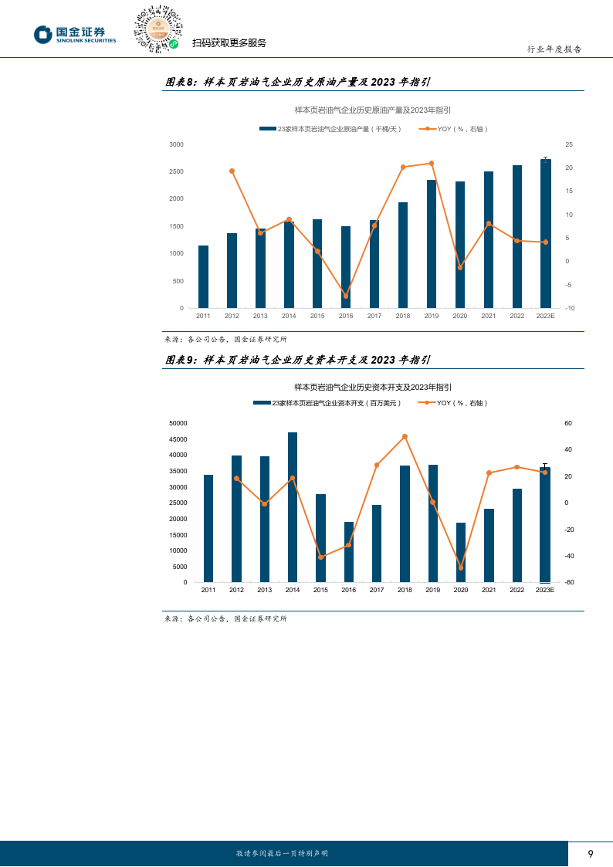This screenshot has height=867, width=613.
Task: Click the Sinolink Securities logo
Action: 75,34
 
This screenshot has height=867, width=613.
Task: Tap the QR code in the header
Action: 158,29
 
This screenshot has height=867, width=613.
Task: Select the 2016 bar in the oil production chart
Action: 346,267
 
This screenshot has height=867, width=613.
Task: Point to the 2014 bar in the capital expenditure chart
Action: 293,507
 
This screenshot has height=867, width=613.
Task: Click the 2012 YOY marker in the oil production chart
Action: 232,171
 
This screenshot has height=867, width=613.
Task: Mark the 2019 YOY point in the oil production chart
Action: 432,163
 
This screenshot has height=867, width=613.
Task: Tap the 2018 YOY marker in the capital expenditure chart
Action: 405,436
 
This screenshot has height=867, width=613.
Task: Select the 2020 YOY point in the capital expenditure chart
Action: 461,567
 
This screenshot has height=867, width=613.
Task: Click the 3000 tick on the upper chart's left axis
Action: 176,144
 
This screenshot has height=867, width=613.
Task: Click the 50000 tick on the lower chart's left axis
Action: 178,423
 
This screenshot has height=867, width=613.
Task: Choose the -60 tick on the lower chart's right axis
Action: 569,582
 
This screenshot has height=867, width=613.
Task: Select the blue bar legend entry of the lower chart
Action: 329,403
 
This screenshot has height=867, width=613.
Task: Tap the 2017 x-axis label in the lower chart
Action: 377,590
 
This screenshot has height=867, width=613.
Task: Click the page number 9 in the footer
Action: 591,853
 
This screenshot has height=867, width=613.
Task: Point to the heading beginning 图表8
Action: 298,82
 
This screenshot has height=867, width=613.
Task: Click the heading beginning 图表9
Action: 298,360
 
